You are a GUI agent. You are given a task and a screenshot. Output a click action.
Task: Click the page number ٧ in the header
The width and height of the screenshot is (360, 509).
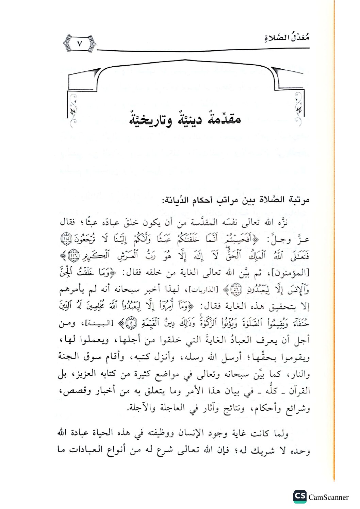click(80, 44)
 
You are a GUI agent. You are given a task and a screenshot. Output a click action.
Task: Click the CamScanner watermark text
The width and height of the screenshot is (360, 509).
click(328, 497)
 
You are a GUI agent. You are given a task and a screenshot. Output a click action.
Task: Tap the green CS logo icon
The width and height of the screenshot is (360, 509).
click(300, 496)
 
